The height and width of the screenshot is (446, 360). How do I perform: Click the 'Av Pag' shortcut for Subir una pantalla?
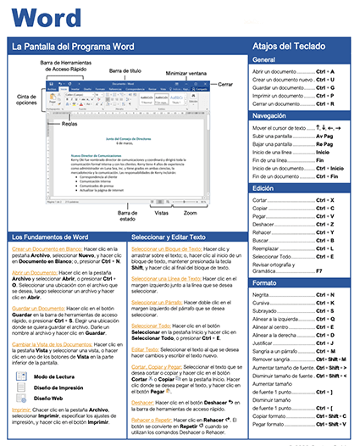point(324,136)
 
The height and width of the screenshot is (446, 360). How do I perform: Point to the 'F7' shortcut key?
point(319,270)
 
